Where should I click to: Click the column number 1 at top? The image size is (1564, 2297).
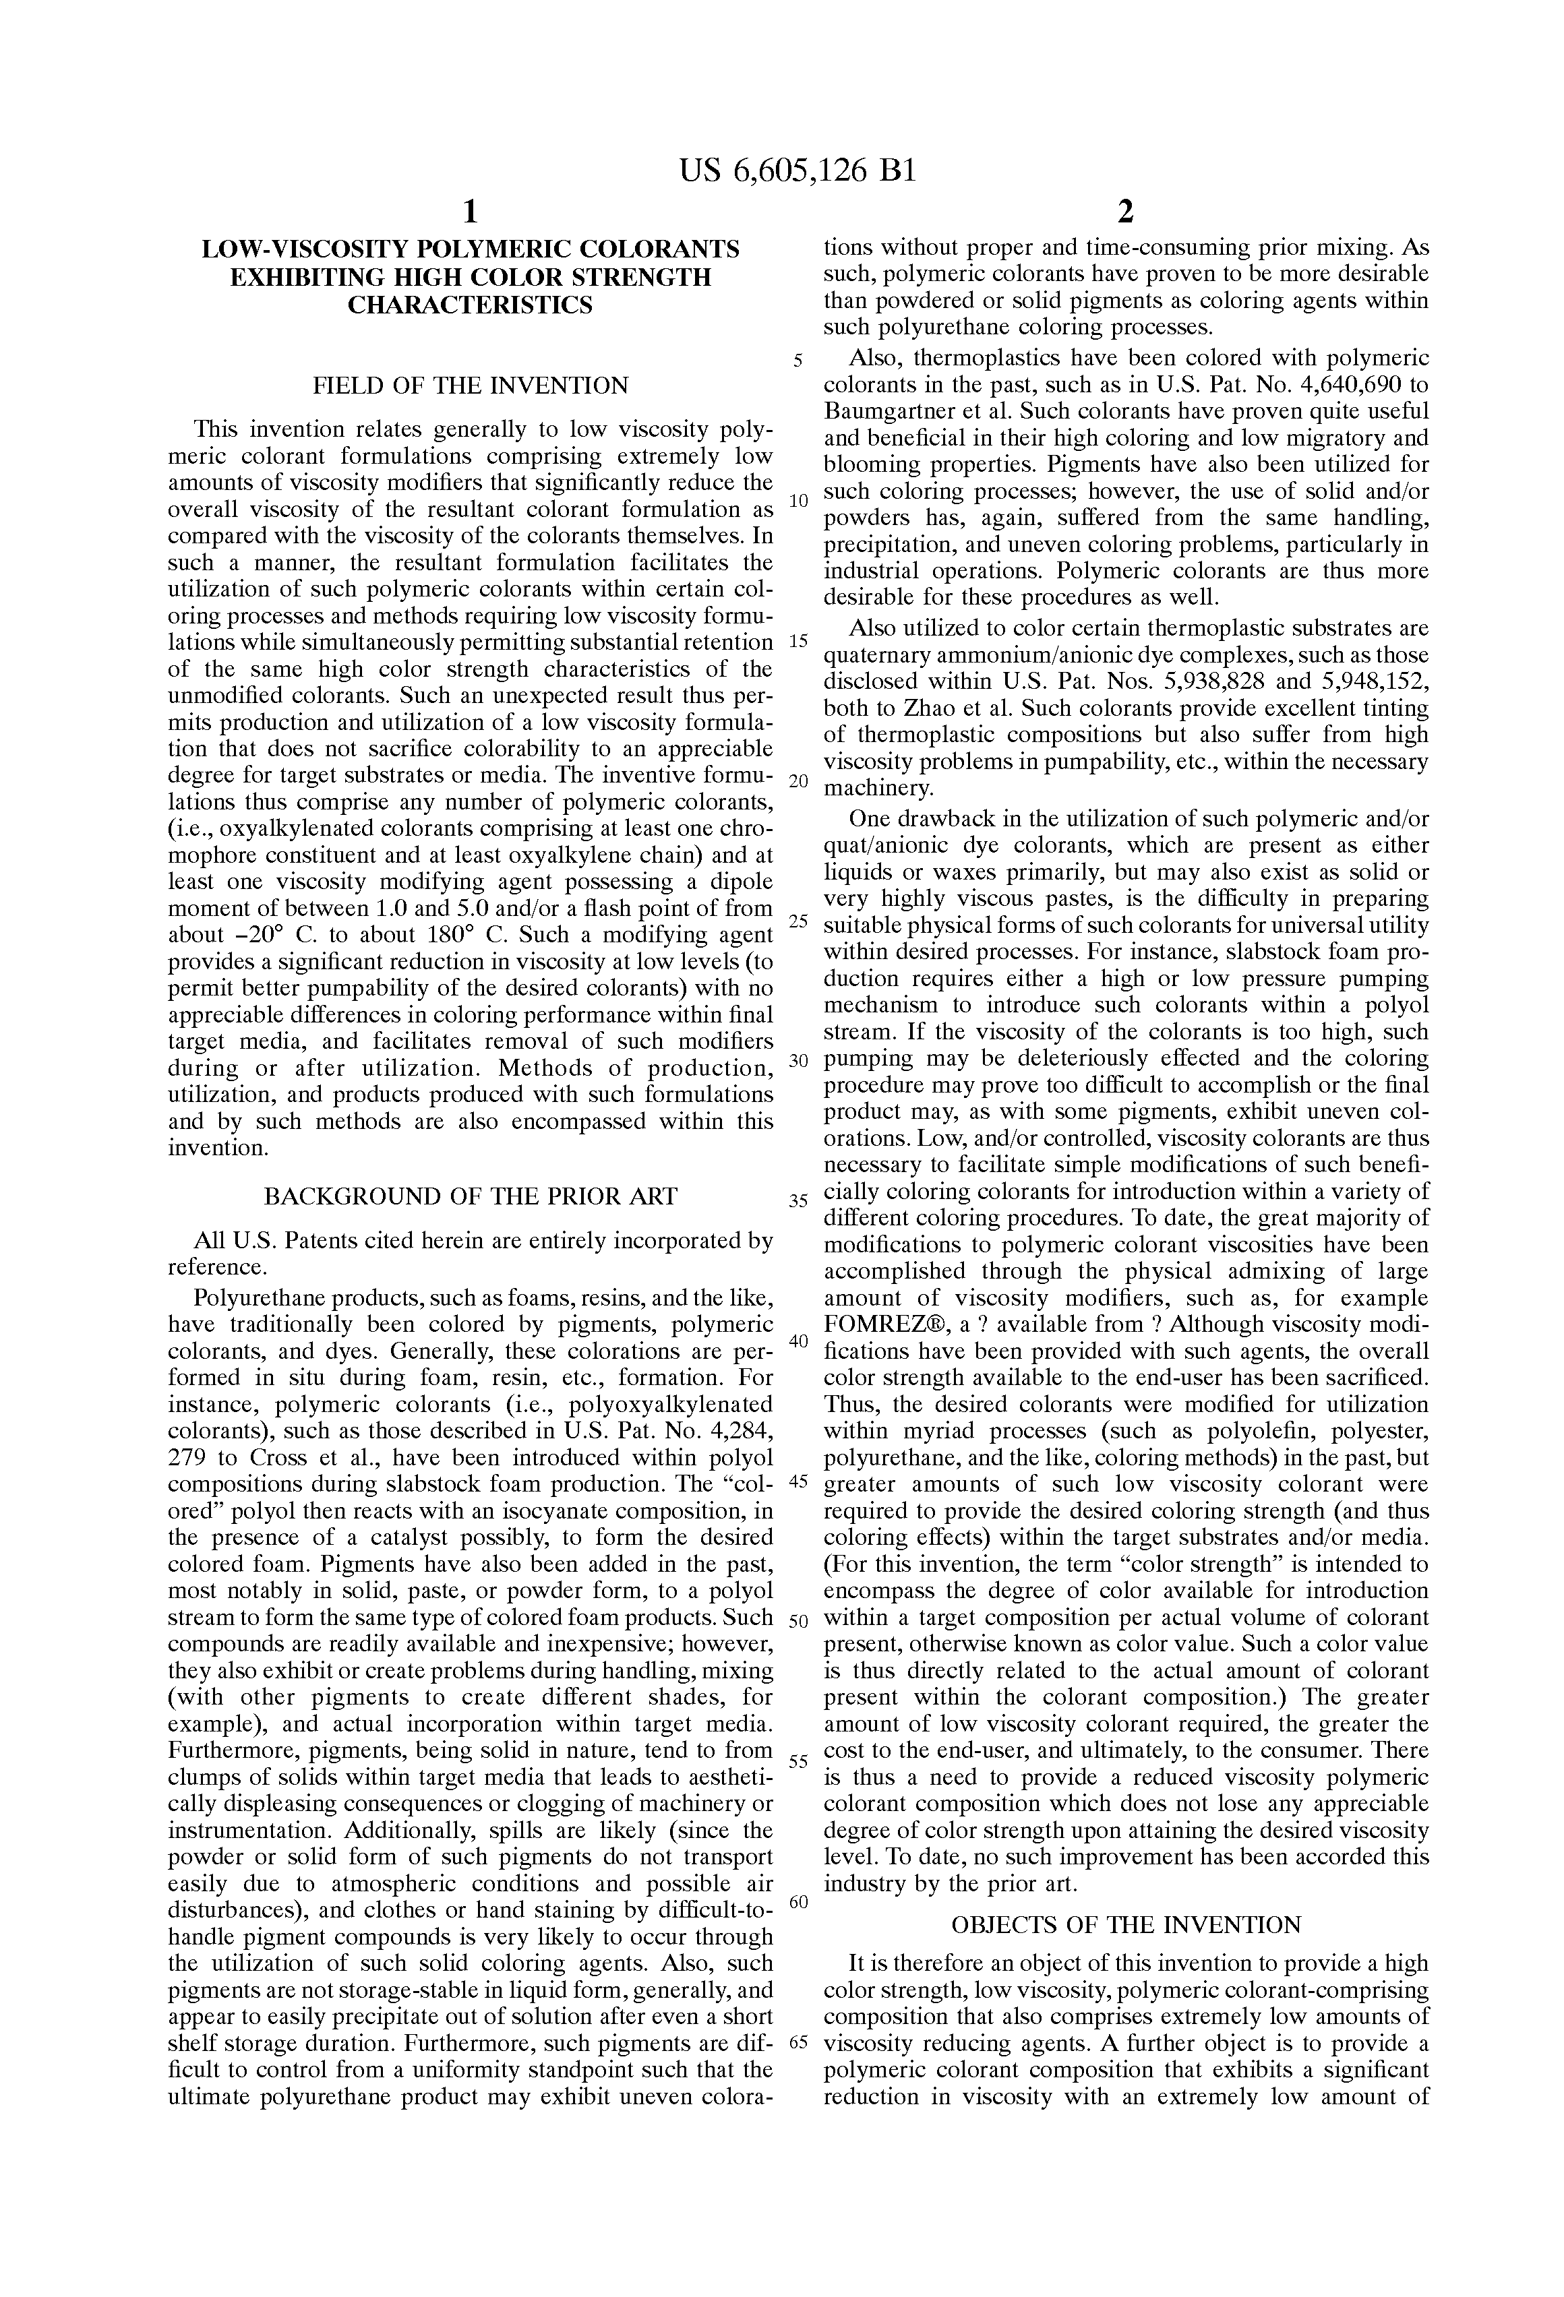(x=471, y=212)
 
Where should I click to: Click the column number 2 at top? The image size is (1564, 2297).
(x=1124, y=212)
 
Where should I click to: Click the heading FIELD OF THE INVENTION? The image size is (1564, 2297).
(x=471, y=386)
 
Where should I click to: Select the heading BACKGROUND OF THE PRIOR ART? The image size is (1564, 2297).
(x=471, y=1197)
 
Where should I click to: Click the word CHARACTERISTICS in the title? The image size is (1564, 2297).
(x=471, y=305)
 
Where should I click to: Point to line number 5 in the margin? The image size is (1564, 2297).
(x=798, y=361)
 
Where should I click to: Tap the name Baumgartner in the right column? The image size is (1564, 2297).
(x=882, y=412)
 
